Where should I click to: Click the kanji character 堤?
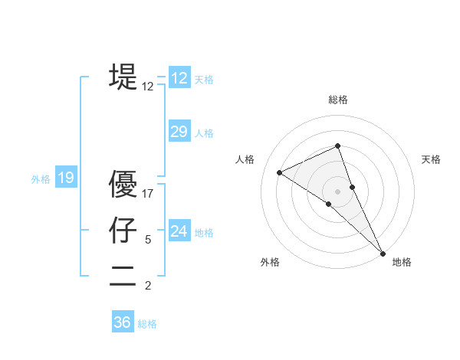click(x=123, y=77)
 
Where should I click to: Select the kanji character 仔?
click(x=123, y=230)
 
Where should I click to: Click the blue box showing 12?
click(x=179, y=77)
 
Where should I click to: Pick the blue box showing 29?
click(x=179, y=132)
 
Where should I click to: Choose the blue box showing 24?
click(x=179, y=231)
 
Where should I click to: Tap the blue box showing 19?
click(x=66, y=178)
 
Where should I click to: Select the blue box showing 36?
click(x=123, y=322)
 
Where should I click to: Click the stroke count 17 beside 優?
click(x=148, y=194)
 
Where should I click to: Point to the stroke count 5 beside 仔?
click(x=148, y=240)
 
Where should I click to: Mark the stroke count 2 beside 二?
click(x=148, y=286)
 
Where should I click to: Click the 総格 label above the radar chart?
click(x=338, y=100)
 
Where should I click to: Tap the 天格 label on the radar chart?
click(x=432, y=159)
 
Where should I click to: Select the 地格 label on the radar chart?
click(x=402, y=262)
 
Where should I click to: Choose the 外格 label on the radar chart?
click(x=270, y=262)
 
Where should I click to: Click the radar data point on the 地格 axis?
click(x=383, y=252)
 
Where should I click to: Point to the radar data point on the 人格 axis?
click(x=280, y=172)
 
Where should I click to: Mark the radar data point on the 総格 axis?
click(x=338, y=146)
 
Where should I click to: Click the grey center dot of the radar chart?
click(x=338, y=191)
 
